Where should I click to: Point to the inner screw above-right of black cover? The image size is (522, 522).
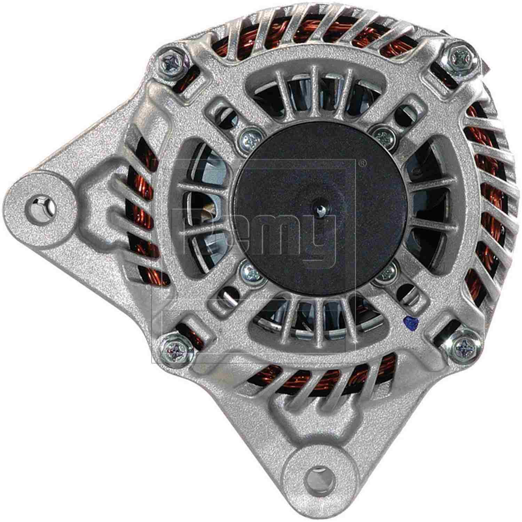(x=384, y=137)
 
